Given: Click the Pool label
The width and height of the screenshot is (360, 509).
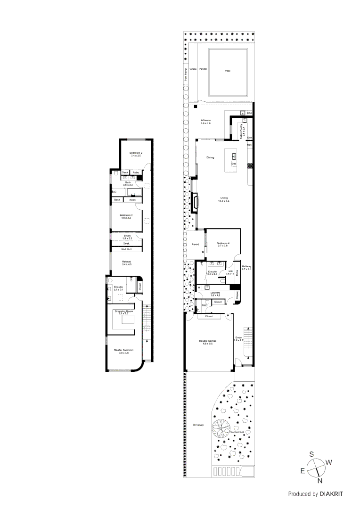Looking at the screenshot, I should click(227, 71).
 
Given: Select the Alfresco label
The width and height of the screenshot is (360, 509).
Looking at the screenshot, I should click(205, 121).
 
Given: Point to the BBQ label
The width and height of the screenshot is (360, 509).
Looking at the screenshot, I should click(250, 114).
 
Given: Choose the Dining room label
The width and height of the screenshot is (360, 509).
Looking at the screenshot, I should click(210, 157).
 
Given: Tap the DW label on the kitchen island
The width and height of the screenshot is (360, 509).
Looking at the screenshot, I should click(233, 164).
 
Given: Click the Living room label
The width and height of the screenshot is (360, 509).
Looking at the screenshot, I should click(224, 199).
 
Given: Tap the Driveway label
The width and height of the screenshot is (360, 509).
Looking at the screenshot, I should click(198, 425).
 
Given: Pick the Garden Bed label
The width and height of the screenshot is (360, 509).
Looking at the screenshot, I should click(237, 432).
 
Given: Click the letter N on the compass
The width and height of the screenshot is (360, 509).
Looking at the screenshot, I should click(320, 481).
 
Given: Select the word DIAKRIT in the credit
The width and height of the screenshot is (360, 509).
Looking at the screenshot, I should click(331, 494).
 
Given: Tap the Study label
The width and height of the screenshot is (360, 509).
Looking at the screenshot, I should click(127, 237).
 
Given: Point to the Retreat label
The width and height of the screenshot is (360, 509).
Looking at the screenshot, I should click(126, 262).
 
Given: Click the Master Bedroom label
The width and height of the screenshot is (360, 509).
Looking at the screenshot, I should click(123, 351).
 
